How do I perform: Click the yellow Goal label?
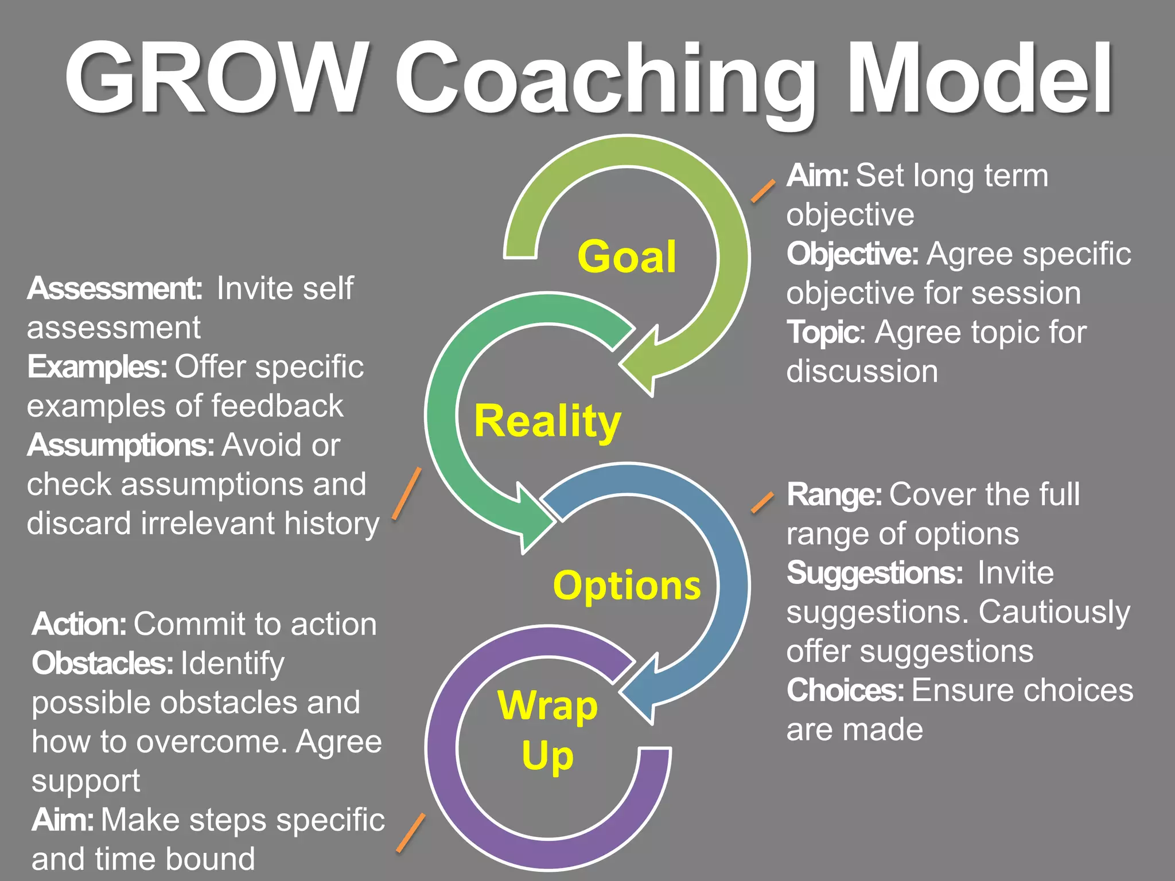(x=627, y=256)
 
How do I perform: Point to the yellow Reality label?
(x=547, y=422)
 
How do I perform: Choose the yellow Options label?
(x=627, y=585)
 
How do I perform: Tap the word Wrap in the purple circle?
(x=547, y=705)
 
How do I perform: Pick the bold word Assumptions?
(x=120, y=446)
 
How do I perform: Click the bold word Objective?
(x=853, y=254)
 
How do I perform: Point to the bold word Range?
(x=834, y=495)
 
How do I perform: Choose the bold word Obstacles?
(x=103, y=664)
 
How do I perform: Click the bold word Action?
(x=79, y=624)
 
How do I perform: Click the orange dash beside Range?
(x=762, y=502)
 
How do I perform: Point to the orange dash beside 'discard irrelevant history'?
(x=407, y=493)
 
